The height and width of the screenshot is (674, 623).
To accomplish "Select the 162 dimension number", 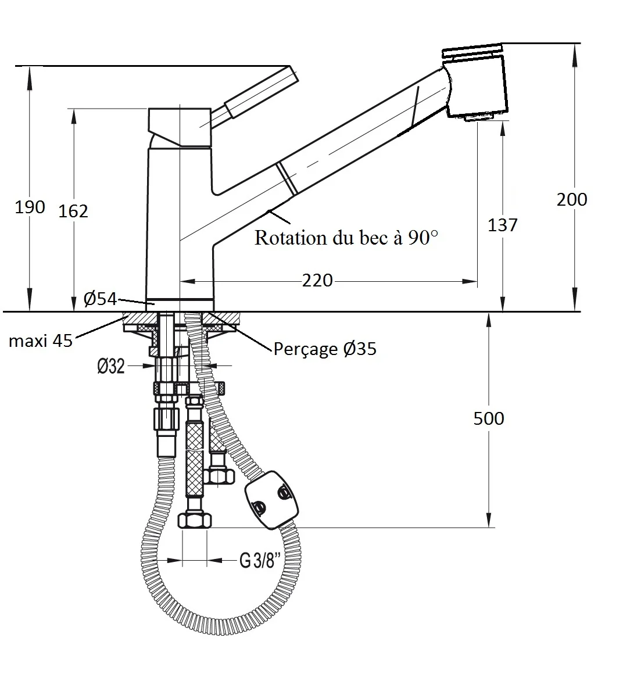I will [73, 211].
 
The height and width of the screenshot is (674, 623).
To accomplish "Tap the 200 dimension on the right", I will [572, 199].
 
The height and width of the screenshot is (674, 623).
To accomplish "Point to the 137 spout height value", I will [502, 225].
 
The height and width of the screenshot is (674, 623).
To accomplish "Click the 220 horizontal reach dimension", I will [317, 281].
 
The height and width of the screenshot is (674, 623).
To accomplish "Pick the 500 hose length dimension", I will [489, 418].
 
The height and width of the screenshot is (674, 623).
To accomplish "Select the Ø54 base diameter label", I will [100, 299].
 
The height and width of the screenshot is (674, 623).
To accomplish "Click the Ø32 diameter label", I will [111, 366].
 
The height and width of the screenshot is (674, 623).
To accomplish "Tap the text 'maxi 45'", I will [41, 340].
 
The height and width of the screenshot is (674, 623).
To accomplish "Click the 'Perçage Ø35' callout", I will [325, 349].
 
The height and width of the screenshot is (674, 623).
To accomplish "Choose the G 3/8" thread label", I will [260, 561].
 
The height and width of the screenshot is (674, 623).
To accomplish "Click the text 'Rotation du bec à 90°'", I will [346, 238].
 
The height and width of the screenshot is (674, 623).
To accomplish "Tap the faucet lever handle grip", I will [260, 92].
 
